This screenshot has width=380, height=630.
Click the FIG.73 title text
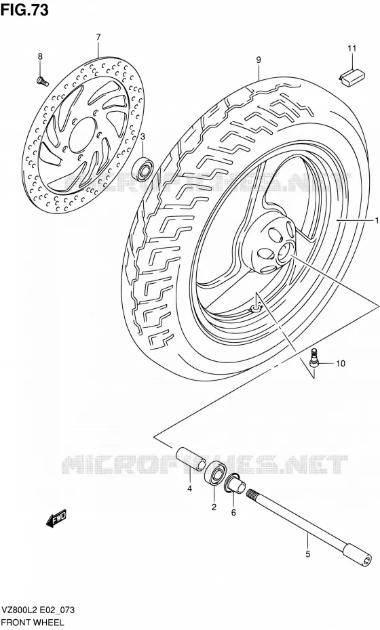[24, 9]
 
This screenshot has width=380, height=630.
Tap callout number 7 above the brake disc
[98, 37]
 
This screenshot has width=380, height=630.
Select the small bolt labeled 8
[43, 81]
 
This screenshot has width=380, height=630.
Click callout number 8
[40, 57]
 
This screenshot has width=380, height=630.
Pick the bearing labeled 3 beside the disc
[142, 169]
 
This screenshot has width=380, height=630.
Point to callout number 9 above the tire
[259, 60]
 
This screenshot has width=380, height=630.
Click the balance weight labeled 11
[353, 77]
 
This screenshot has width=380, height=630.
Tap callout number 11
[351, 49]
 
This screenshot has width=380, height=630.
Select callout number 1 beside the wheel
[377, 220]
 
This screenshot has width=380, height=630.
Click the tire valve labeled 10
[314, 358]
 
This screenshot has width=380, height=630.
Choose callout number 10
[340, 364]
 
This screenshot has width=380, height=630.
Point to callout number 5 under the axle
[307, 554]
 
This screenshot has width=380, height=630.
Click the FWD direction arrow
[56, 519]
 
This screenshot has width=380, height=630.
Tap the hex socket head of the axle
[359, 555]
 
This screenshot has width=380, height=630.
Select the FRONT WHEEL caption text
[33, 623]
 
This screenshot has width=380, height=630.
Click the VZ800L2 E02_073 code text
[38, 610]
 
